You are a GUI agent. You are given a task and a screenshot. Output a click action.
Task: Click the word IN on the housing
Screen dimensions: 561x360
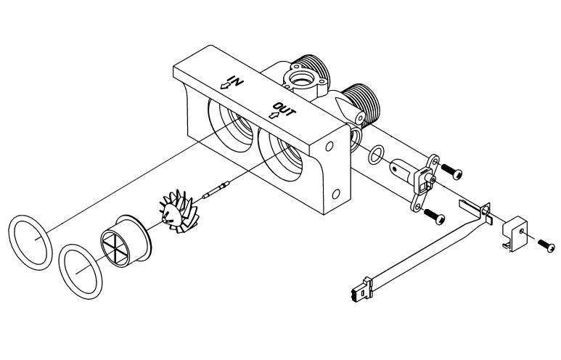tap(236, 81)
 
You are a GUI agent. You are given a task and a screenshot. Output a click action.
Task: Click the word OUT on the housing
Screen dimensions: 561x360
tap(284, 110)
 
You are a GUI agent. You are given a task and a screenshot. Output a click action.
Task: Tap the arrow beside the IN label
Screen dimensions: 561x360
tap(225, 86)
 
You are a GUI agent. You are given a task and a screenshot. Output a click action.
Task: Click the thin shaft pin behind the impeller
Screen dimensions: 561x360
tap(216, 189)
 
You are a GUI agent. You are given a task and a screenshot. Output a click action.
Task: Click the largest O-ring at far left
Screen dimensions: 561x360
tap(30, 242)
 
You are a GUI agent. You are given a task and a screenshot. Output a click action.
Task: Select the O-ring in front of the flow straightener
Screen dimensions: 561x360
tap(80, 272)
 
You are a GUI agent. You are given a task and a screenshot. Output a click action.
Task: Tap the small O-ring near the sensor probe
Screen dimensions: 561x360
tap(376, 155)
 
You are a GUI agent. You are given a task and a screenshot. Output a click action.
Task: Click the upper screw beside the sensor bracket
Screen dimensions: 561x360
tap(452, 172)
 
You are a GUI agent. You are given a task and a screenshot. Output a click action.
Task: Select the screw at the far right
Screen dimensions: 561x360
tap(547, 245)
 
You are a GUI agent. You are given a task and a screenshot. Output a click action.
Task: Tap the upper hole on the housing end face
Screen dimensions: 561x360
tap(330, 147)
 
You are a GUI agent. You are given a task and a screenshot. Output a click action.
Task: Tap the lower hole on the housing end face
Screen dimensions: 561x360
tap(336, 195)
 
